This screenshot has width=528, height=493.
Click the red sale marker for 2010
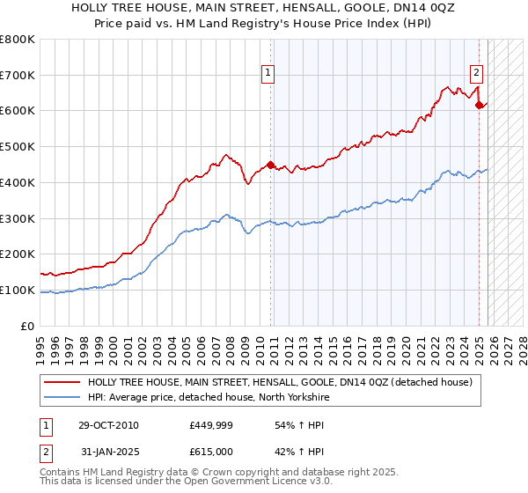tap(270, 164)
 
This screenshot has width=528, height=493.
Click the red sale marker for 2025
tap(480, 105)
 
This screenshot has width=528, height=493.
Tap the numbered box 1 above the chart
tap(267, 74)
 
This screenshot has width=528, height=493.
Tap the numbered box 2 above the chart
tap(476, 74)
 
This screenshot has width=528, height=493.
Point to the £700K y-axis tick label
tap(18, 76)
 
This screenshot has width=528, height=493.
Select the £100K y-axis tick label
tap(18, 290)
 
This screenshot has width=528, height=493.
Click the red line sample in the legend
tap(63, 382)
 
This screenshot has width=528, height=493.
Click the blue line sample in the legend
tap(63, 397)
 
